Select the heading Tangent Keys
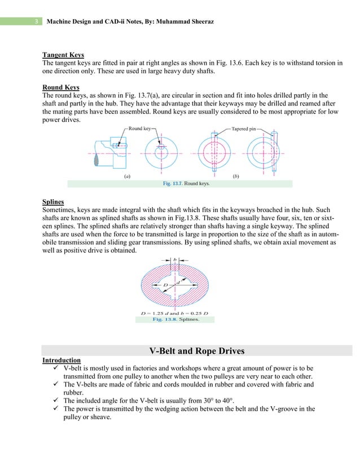(x=63, y=55)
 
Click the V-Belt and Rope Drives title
(x=197, y=351)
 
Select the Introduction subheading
(x=62, y=360)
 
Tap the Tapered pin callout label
(x=245, y=129)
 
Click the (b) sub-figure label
(x=235, y=176)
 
